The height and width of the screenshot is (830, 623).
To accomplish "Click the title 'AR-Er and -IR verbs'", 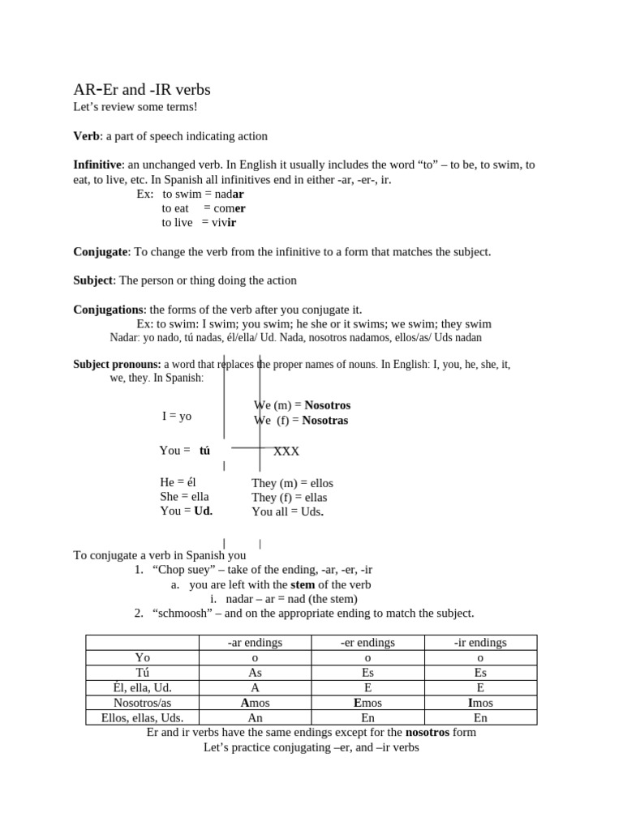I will tap(142, 89).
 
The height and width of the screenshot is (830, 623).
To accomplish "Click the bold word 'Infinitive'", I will tap(97, 165).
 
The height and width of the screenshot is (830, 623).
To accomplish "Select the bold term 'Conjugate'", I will tap(101, 252).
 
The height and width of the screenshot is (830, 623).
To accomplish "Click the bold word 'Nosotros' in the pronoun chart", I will tap(327, 405).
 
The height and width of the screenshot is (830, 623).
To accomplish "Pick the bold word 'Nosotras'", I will tap(324, 420).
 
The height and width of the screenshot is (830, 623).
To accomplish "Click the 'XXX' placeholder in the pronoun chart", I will tap(286, 451).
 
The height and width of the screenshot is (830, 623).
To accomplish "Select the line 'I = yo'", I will tap(177, 416).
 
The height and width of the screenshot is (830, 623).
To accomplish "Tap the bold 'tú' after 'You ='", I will tap(204, 451).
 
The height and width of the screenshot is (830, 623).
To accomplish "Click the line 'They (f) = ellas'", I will tap(290, 497).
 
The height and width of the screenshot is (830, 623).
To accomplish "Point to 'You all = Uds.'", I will tap(288, 511).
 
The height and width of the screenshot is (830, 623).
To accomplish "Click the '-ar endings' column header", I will tap(256, 643).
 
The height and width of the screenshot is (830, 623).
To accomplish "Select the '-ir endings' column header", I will tap(479, 643).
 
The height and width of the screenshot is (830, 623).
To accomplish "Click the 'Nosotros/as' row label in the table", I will tap(142, 703).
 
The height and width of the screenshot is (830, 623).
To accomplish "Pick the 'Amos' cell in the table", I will tap(256, 703).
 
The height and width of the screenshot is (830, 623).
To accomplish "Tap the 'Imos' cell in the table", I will tap(479, 703).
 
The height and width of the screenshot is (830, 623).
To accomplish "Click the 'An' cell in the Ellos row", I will tap(256, 717).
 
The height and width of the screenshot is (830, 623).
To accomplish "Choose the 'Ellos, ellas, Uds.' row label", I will tap(142, 717).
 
